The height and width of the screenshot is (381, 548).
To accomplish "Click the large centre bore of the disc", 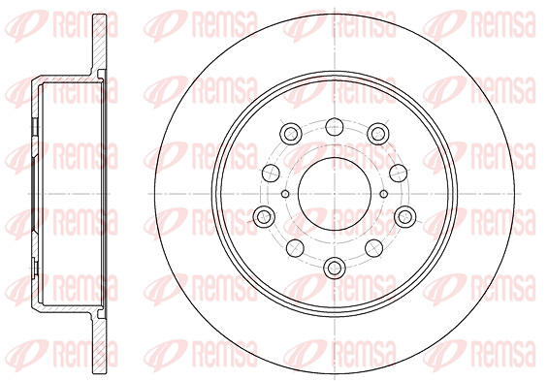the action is click(x=335, y=194).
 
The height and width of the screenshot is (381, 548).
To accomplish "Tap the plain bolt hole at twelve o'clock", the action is click(x=335, y=127).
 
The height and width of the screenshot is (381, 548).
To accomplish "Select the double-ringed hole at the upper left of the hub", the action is click(x=291, y=134).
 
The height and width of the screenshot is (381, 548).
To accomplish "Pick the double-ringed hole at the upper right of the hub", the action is click(x=378, y=134).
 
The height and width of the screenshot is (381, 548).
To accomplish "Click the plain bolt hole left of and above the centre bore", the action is click(x=271, y=173).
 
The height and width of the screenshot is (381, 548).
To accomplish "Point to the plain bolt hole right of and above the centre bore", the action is click(x=398, y=173).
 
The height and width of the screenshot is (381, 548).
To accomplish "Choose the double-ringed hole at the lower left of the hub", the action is click(x=264, y=216).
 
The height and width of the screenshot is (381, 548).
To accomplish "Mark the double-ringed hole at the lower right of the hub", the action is click(x=405, y=216).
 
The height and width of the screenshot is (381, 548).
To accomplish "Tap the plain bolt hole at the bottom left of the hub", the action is click(x=295, y=248).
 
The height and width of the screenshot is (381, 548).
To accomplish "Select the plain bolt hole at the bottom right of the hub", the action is click(x=374, y=248).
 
